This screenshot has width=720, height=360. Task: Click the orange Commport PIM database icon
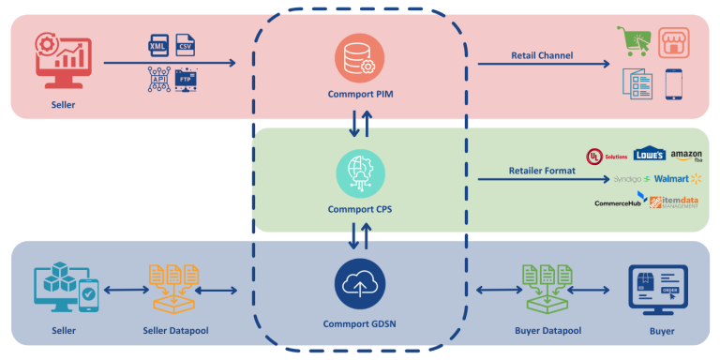tap(359, 59)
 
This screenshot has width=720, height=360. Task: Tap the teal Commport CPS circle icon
tap(359, 173)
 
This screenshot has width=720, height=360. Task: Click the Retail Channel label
tap(541, 55)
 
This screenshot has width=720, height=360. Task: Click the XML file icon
tap(159, 45)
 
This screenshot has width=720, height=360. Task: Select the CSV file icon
tap(185, 45)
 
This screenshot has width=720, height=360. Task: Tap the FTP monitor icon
tap(186, 79)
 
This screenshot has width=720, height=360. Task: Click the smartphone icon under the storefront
tap(673, 84)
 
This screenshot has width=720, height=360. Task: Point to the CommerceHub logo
tap(620, 202)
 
